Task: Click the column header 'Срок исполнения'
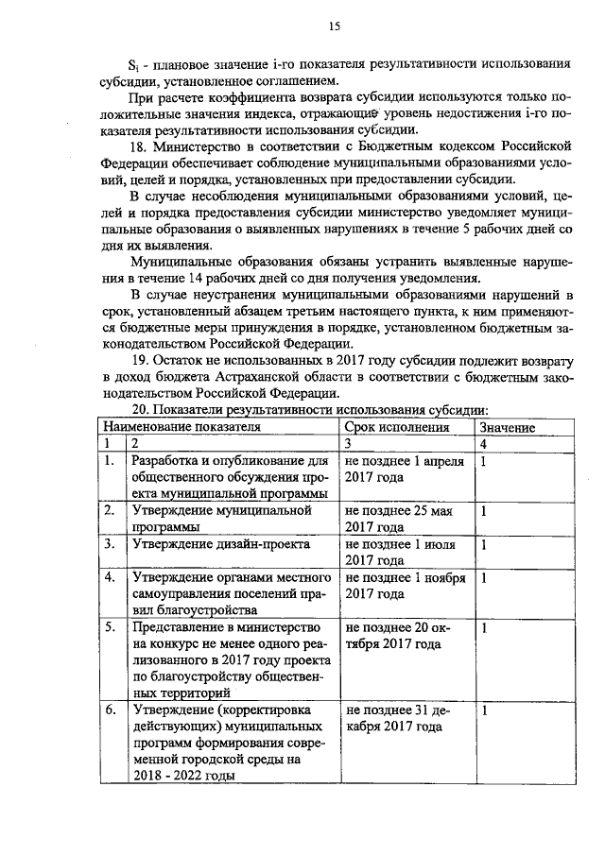[396, 427]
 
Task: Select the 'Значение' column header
[508, 427]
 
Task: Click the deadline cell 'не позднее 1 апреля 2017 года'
[405, 469]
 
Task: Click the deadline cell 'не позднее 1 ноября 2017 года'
[405, 586]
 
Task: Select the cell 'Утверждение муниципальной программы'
[222, 519]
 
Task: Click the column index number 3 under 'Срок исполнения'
[349, 443]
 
